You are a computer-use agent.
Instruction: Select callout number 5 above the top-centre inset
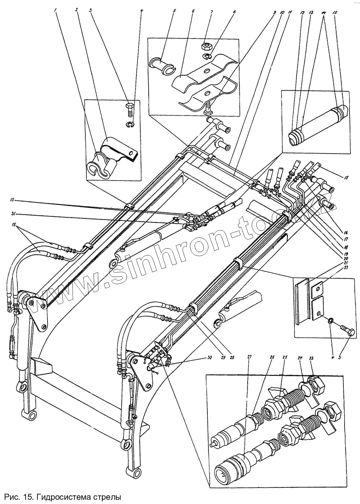pyautogui.click(x=174, y=11)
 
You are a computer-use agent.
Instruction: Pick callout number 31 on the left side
pyautogui.click(x=14, y=215)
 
